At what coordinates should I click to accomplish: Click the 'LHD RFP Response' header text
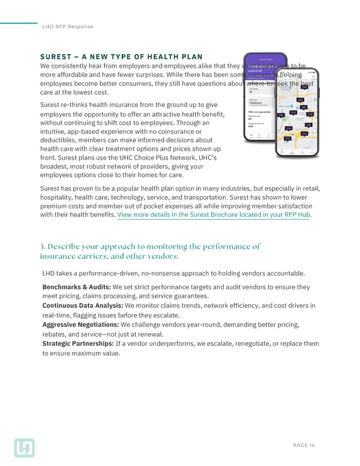pos(68,27)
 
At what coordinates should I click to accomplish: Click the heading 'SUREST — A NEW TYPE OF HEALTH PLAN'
pos(121,56)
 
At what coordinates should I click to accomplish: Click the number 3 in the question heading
pos(42,246)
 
